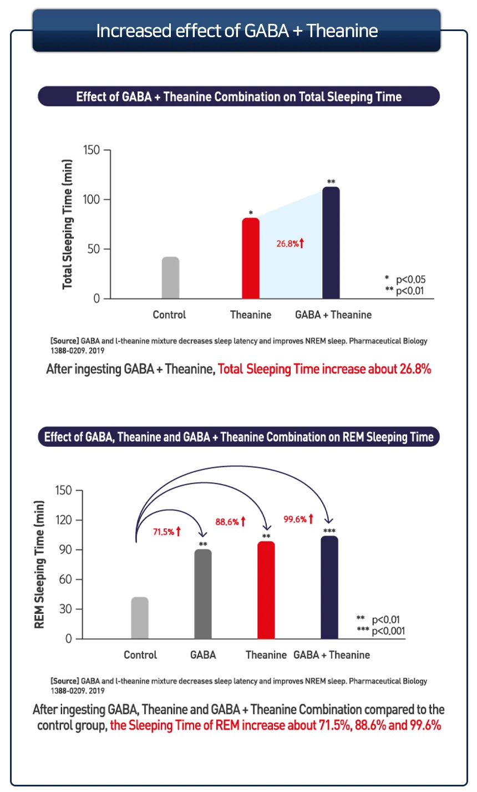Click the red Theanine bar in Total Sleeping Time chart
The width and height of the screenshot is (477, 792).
[x=251, y=258]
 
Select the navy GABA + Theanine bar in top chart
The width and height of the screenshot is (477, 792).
[x=331, y=243]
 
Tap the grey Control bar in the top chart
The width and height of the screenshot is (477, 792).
[x=170, y=278]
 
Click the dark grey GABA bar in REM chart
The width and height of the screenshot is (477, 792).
[x=203, y=594]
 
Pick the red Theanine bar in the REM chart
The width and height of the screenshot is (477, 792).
[x=266, y=590]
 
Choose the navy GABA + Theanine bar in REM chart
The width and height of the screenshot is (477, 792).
[x=329, y=587]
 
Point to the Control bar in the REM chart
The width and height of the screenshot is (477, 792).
[x=140, y=618]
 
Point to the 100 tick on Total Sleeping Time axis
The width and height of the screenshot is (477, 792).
[x=92, y=200]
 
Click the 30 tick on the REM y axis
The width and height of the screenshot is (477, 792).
[x=66, y=609]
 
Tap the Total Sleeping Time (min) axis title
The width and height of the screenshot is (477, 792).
[x=68, y=224]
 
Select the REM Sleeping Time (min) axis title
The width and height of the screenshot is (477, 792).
[x=39, y=564]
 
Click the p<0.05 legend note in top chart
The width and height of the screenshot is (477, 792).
[x=410, y=279]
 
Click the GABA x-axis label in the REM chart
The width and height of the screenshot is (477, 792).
[x=203, y=655]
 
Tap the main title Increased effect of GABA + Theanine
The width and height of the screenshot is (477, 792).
[x=237, y=31]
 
